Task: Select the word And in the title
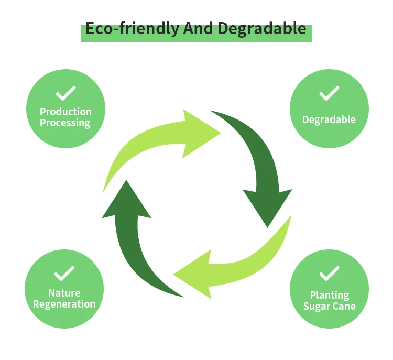pos(198,28)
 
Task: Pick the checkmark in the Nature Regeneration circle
pos(65,274)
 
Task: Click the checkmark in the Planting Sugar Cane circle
pos(329,274)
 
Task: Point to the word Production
pos(65,112)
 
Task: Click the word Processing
pos(65,123)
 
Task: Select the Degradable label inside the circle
pos(329,120)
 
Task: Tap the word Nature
pos(64,293)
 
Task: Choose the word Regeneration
pos(64,304)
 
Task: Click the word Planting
pos(329,296)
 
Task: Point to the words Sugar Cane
pos(329,307)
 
